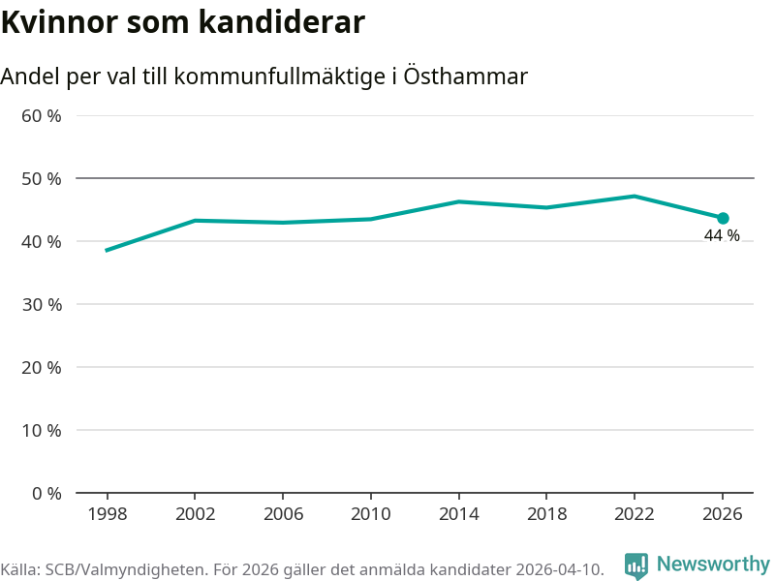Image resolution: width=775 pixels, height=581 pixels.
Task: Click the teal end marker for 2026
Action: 723,218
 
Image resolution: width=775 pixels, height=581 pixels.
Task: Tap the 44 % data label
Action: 722,236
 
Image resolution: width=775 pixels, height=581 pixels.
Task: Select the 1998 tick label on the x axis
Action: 107,514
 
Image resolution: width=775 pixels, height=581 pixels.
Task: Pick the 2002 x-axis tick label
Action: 195,514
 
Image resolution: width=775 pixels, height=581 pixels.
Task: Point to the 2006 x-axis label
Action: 282,514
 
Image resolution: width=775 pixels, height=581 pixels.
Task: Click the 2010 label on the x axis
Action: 370,514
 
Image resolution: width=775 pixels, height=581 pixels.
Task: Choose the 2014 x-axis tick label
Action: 458,514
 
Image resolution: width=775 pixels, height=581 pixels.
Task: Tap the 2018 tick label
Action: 546,514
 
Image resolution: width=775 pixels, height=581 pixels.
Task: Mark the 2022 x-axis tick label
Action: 634,514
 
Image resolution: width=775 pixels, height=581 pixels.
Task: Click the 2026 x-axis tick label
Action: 722,514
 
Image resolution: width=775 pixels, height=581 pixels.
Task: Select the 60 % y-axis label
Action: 42,116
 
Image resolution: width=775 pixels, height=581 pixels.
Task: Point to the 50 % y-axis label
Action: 42,179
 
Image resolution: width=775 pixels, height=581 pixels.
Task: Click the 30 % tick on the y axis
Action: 42,305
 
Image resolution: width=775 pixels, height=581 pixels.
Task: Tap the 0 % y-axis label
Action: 46,493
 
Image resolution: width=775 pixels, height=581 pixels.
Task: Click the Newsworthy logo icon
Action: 635,566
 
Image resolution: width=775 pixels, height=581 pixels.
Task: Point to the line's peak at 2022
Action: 634,197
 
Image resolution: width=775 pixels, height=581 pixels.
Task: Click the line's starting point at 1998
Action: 107,250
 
